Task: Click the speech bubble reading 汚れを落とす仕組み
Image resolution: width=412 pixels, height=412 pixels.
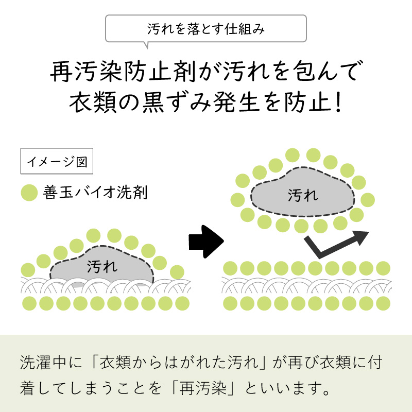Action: [205, 29]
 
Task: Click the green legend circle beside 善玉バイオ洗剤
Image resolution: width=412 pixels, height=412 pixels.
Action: [29, 193]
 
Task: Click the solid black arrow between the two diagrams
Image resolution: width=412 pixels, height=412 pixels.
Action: [206, 241]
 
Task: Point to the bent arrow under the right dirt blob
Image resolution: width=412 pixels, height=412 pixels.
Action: [335, 244]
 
